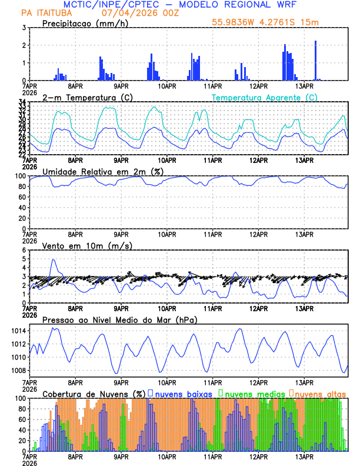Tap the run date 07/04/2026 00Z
(x=136, y=13)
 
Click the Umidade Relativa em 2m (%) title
(x=102, y=171)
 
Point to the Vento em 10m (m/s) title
(x=87, y=245)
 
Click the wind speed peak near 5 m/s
(x=54, y=260)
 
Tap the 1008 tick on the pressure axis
(x=18, y=371)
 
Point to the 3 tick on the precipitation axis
(x=24, y=28)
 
